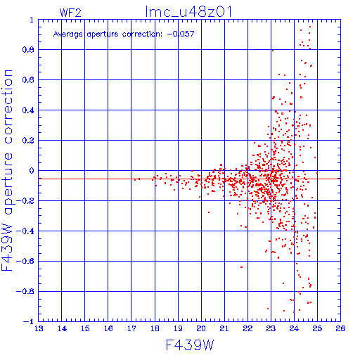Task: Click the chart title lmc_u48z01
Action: pyautogui.click(x=188, y=12)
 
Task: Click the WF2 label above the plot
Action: pyautogui.click(x=70, y=13)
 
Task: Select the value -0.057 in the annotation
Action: pyautogui.click(x=181, y=34)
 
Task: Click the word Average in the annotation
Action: pyautogui.click(x=68, y=34)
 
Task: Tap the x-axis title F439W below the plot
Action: pyautogui.click(x=190, y=345)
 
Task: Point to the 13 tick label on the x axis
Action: pyautogui.click(x=39, y=328)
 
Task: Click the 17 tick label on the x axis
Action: pyautogui.click(x=131, y=328)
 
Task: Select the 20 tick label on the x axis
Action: pyautogui.click(x=201, y=328)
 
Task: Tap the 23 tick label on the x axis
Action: pyautogui.click(x=271, y=328)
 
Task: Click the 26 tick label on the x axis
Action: pyautogui.click(x=340, y=328)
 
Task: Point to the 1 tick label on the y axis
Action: pyautogui.click(x=32, y=20)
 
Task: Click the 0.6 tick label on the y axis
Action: pyautogui.click(x=28, y=80)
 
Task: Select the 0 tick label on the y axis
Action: pyautogui.click(x=32, y=171)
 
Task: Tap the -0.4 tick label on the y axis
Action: pyautogui.click(x=25, y=231)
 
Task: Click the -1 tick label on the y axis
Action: pyautogui.click(x=29, y=321)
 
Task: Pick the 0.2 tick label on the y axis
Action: pyautogui.click(x=28, y=141)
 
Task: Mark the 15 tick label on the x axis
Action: pyautogui.click(x=85, y=328)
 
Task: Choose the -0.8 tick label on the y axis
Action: pyautogui.click(x=25, y=292)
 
